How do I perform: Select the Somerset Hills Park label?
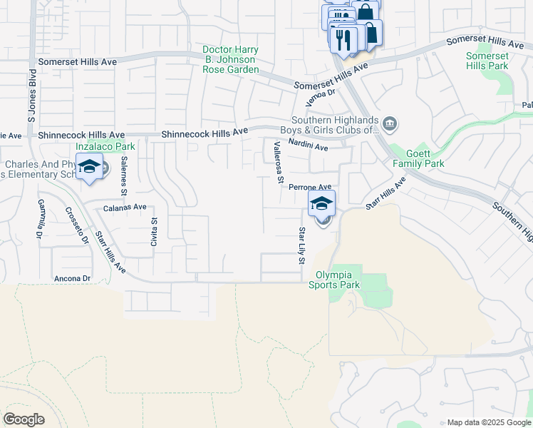(487, 61)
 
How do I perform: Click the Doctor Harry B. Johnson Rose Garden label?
(230, 60)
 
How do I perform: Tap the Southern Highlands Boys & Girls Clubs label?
(333, 125)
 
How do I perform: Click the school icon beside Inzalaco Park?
(90, 168)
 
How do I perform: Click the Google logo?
(24, 419)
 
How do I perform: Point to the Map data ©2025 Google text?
(488, 422)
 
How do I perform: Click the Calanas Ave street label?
(125, 208)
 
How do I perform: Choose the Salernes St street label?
(123, 175)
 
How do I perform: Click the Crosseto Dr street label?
(77, 225)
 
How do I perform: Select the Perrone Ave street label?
(310, 187)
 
